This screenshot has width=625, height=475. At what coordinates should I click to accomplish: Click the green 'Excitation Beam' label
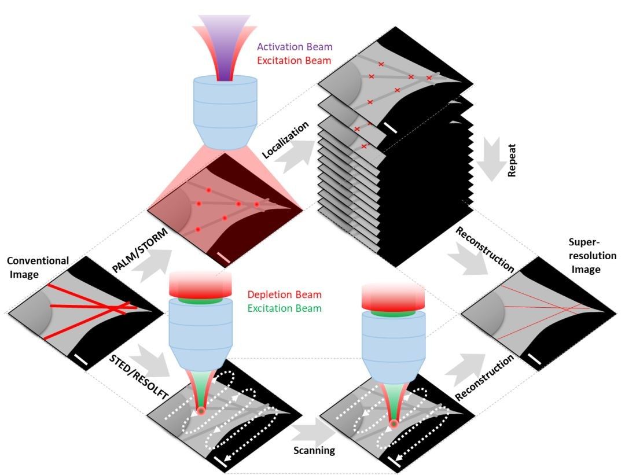coord(284,308)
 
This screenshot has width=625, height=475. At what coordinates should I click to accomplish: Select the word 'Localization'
coord(286,139)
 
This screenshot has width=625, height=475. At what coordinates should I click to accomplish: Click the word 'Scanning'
coord(313,450)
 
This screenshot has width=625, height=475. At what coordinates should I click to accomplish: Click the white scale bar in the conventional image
coord(81,362)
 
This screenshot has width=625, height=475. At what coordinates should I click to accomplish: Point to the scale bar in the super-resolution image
coord(535,362)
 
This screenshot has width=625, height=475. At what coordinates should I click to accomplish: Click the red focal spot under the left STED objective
coord(201,411)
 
